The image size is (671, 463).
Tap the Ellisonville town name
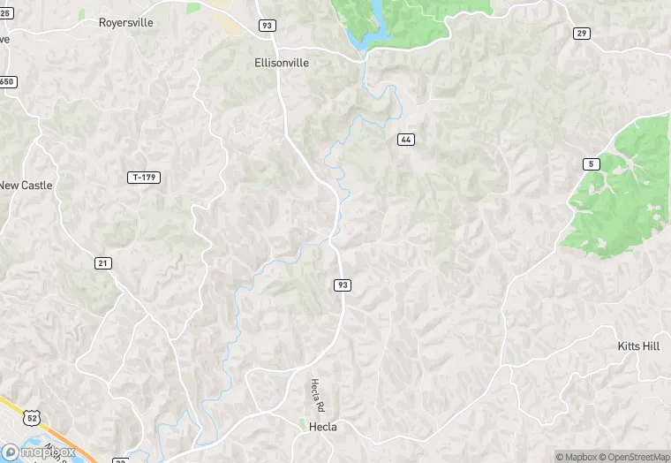coord(282,63)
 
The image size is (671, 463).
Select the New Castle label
coord(26,186)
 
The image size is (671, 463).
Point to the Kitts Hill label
coord(638,346)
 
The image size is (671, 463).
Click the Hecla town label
coord(322,427)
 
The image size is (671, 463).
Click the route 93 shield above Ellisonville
coord(267,26)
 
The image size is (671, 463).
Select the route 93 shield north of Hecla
coord(343,285)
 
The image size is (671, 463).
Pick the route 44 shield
coord(405,140)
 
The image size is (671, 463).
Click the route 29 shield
coord(581,34)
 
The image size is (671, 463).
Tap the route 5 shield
coord(590,163)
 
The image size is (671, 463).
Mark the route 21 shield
coord(103,262)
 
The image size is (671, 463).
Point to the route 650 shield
coord(7,82)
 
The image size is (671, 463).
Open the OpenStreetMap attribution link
coord(634,457)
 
